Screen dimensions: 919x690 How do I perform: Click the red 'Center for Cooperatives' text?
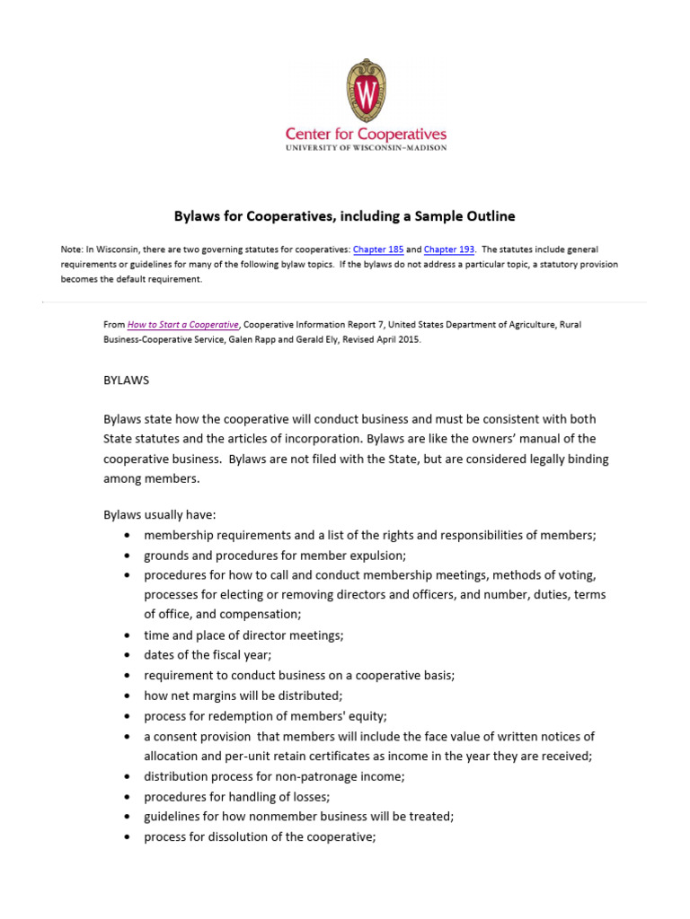coord(366,135)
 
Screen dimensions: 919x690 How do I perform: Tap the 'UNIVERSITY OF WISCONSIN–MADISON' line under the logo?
coord(366,148)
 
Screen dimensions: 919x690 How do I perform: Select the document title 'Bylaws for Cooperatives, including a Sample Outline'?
coord(344,216)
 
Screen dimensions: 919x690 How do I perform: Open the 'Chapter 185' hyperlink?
coord(377,249)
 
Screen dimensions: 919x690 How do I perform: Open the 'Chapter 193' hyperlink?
coord(449,249)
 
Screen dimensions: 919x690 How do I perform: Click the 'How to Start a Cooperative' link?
coord(183,324)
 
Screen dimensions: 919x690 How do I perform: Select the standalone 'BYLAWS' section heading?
coord(126,380)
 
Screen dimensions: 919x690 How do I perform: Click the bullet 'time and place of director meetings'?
coord(243,635)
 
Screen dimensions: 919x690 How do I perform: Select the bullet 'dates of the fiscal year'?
coord(206,654)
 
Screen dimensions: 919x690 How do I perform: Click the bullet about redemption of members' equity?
coord(265,714)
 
